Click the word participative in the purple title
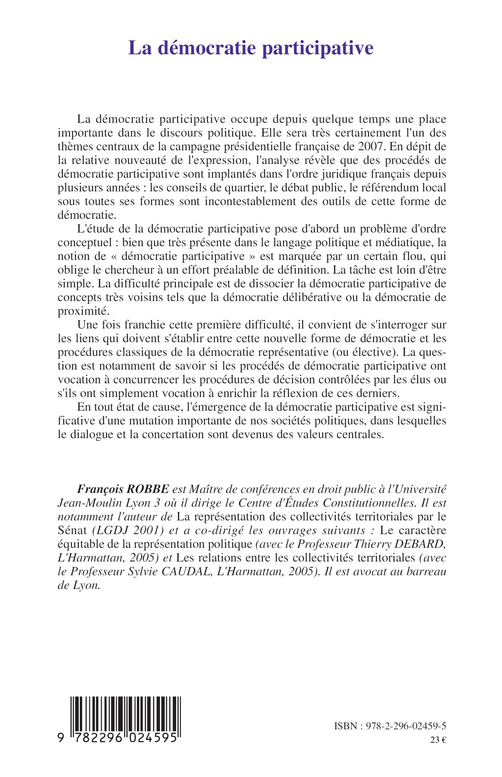click(x=318, y=48)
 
